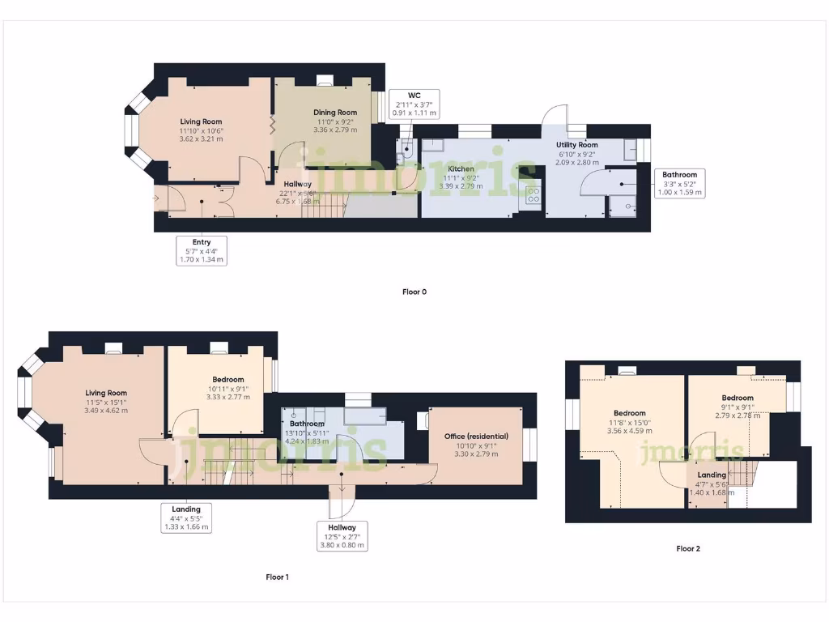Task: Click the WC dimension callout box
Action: pyautogui.click(x=414, y=104)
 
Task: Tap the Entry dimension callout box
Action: pyautogui.click(x=202, y=251)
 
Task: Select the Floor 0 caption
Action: pyautogui.click(x=414, y=292)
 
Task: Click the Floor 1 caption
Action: pyautogui.click(x=276, y=577)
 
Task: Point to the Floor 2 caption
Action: pyautogui.click(x=688, y=548)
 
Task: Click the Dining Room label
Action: pyautogui.click(x=335, y=113)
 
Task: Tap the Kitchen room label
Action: pyautogui.click(x=461, y=169)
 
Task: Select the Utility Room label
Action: pyautogui.click(x=576, y=145)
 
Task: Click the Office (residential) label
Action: pyautogui.click(x=477, y=437)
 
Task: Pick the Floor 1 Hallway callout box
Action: pyautogui.click(x=342, y=536)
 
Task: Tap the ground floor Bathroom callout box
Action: pyautogui.click(x=679, y=184)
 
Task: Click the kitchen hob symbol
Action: pyautogui.click(x=534, y=194)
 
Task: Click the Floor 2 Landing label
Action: pyautogui.click(x=712, y=475)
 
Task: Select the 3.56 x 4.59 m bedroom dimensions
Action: pyautogui.click(x=629, y=431)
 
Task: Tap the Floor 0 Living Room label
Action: pyautogui.click(x=201, y=121)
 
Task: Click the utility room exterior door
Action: pyautogui.click(x=555, y=118)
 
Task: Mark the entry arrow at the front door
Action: pyautogui.click(x=156, y=198)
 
